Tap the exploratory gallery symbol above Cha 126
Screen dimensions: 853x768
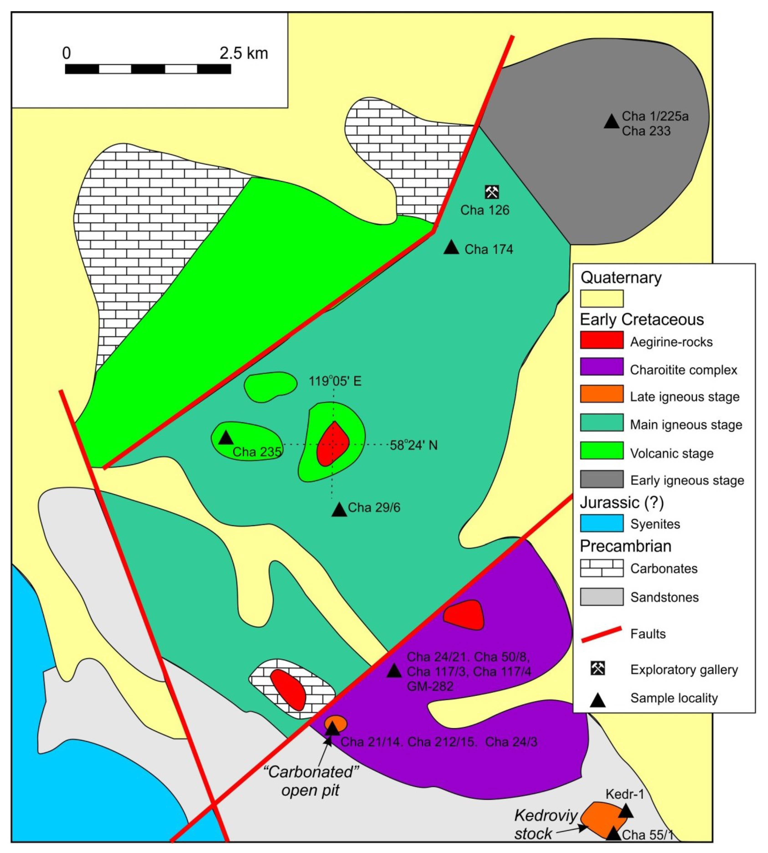[x=492, y=192]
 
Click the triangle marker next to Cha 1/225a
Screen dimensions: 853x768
[x=611, y=122]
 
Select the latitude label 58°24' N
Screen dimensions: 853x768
[x=413, y=445]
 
